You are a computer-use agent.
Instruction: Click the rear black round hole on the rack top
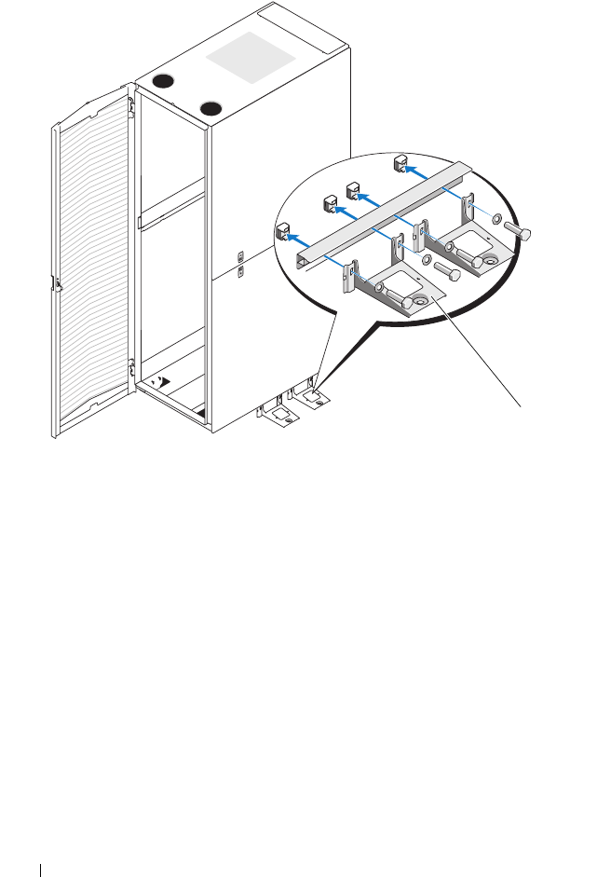(166, 82)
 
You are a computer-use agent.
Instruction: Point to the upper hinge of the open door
(132, 104)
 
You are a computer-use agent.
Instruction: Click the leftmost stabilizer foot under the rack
(285, 417)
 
